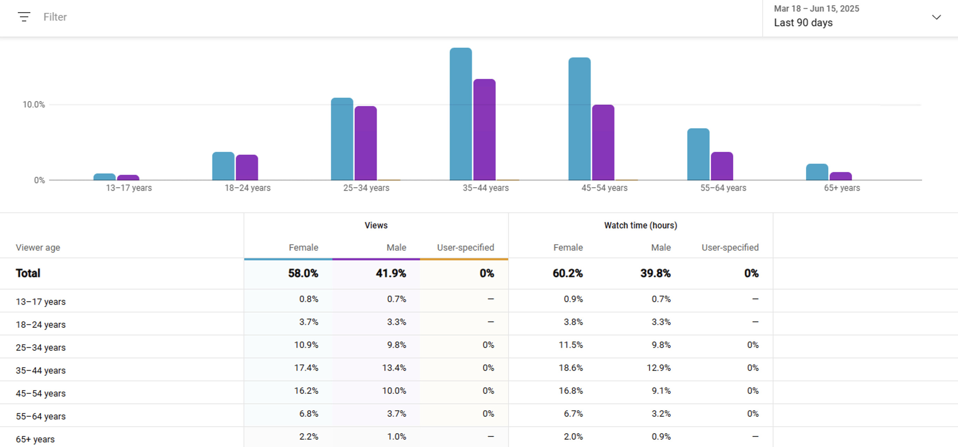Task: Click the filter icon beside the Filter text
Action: [24, 17]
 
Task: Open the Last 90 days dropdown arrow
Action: [936, 17]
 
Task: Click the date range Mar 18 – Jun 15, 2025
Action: [816, 9]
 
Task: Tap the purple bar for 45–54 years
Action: [603, 143]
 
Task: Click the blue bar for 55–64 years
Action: [698, 154]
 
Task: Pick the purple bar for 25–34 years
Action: [365, 143]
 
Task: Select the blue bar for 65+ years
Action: [817, 172]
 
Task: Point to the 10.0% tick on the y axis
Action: [33, 105]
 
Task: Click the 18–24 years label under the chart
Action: [247, 188]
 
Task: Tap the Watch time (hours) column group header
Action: [641, 225]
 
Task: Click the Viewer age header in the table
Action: [38, 247]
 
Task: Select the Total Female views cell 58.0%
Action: [303, 273]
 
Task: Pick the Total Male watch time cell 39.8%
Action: [655, 273]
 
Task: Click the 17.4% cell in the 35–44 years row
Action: [306, 368]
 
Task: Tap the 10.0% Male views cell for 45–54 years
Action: [394, 391]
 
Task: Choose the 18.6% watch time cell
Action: [570, 368]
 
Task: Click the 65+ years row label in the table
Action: [35, 439]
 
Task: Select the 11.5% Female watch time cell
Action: [570, 345]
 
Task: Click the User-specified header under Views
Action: [465, 247]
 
